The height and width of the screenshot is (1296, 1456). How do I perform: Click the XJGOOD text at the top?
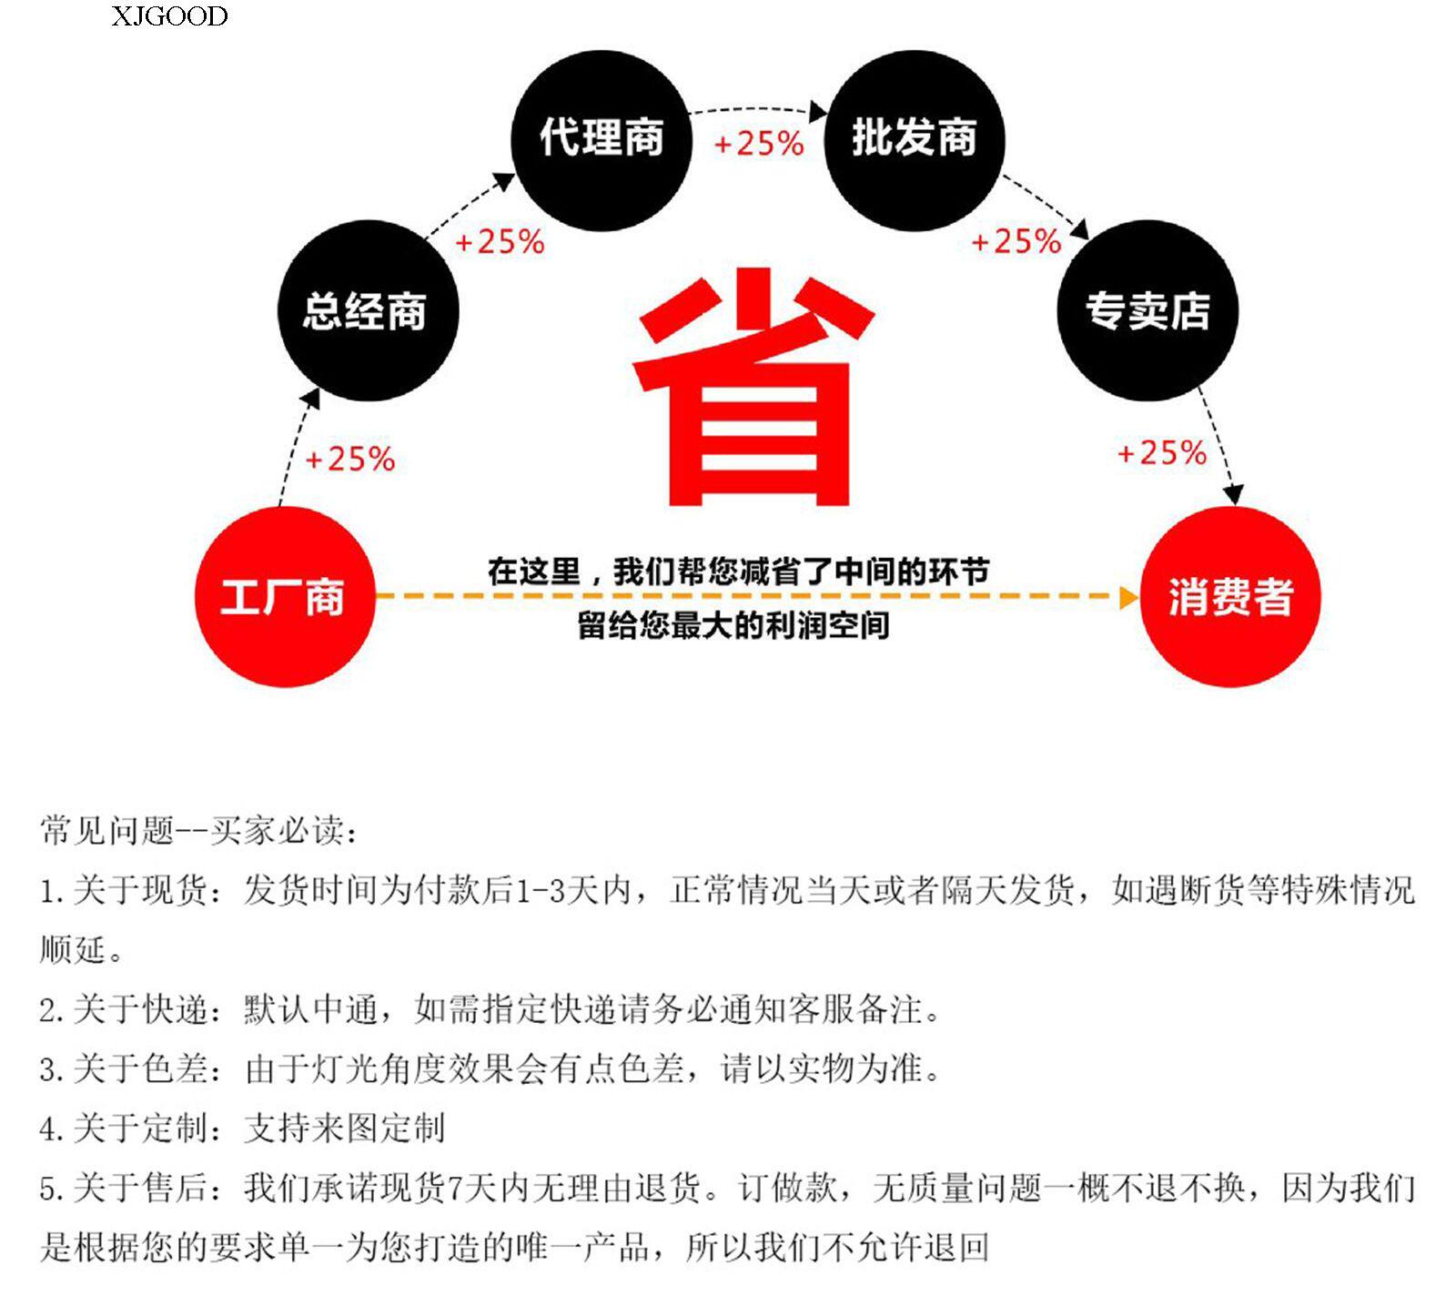[169, 16]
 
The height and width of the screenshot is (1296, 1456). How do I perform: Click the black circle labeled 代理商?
[602, 139]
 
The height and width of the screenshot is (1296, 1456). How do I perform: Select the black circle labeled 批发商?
[914, 139]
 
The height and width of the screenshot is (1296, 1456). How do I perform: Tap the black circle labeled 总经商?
[367, 310]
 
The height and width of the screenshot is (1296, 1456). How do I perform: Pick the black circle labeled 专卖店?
[1148, 310]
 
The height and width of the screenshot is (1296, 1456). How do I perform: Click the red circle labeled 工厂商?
[284, 597]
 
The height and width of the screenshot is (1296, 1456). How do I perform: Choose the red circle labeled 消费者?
[1229, 597]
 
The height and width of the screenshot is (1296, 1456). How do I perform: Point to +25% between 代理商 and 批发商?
[758, 144]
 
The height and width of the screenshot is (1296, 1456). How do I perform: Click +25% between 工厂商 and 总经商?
[349, 459]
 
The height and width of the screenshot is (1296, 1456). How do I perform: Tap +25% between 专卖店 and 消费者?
[1161, 452]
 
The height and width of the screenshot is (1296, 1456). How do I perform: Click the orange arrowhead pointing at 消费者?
[1128, 597]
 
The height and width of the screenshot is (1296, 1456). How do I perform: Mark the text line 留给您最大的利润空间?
[733, 625]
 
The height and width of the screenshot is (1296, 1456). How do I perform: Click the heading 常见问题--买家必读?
[198, 830]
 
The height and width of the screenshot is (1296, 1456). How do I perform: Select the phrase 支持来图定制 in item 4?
[344, 1129]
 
